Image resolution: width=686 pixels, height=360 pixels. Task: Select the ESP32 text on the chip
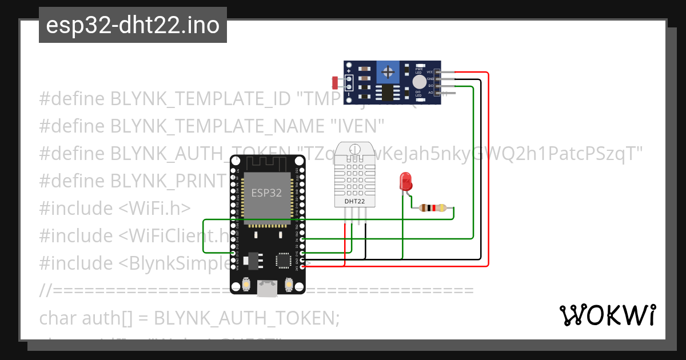[266, 193]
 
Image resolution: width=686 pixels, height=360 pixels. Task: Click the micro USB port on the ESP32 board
[266, 289]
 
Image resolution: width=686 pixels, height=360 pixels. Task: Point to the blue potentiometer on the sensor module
[389, 73]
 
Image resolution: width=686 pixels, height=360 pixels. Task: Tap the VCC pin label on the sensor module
[430, 72]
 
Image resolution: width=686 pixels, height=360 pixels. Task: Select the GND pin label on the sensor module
[430, 79]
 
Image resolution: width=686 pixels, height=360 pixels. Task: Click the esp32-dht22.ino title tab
[133, 25]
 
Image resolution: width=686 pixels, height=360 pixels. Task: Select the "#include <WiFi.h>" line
[114, 208]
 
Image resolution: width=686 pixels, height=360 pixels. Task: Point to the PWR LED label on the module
[418, 71]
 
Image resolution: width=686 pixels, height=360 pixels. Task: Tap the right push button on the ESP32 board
[288, 283]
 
